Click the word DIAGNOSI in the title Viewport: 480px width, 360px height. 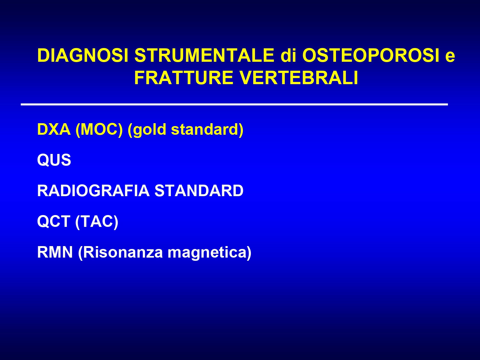[83, 55]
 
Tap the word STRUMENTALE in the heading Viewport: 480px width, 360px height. [204, 55]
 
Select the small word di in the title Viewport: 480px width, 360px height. [288, 55]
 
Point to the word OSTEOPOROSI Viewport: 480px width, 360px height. [371, 55]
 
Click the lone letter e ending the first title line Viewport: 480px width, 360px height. [450, 57]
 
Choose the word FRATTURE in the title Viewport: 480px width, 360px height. [184, 77]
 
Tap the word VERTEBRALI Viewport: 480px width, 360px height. [299, 77]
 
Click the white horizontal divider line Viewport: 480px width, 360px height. [235, 105]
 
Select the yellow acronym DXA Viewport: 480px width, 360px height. [54, 129]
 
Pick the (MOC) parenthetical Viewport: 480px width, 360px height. [99, 130]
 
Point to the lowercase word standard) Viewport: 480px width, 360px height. [207, 130]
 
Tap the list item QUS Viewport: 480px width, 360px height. [54, 160]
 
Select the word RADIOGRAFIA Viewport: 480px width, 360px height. [93, 191]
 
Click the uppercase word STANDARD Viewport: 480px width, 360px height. [199, 191]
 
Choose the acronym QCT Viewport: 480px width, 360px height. [54, 221]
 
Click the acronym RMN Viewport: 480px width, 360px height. [55, 252]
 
